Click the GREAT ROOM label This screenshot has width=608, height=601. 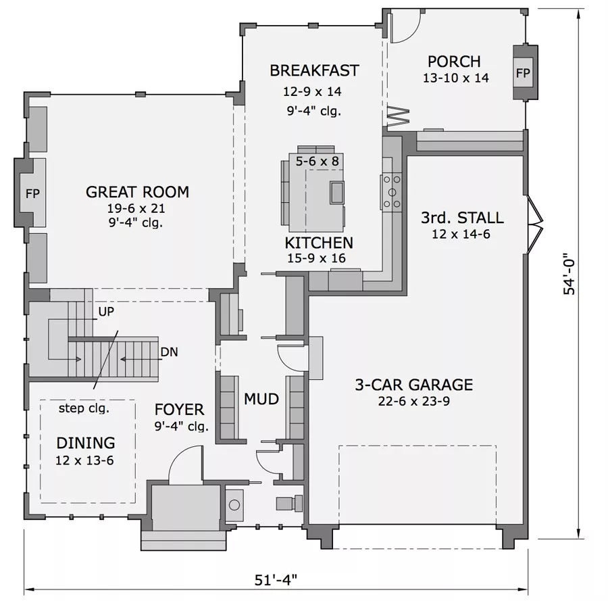(x=137, y=192)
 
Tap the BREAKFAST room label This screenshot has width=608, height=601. (x=314, y=70)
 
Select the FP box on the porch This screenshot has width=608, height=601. (x=523, y=73)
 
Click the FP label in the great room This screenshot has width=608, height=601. (x=32, y=193)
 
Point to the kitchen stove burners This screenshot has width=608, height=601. (x=392, y=192)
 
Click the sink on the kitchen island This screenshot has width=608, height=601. (x=336, y=193)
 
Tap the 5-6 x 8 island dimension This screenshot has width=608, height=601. (x=318, y=161)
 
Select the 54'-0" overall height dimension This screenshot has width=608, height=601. (x=569, y=274)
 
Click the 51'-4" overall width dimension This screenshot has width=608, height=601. (x=276, y=581)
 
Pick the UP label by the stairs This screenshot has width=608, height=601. (x=106, y=312)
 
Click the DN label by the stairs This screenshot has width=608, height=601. (x=169, y=352)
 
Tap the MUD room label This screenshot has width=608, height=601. (x=261, y=399)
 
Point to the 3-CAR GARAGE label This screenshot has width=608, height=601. (x=413, y=385)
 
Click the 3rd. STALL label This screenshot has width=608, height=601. (x=462, y=218)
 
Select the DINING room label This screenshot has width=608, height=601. (x=86, y=443)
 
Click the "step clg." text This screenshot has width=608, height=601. (x=84, y=408)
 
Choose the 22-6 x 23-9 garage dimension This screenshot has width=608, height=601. (x=413, y=401)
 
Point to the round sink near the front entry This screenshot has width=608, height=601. (x=234, y=505)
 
